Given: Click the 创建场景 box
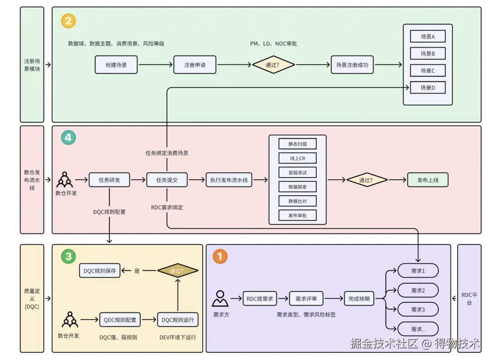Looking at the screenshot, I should pos(116,65).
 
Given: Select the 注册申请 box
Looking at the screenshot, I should pos(195,65).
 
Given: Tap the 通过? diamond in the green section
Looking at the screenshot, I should pos(272,65).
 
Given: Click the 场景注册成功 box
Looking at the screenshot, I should pos(352,65).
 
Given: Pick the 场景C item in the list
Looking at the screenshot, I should pos(427,70).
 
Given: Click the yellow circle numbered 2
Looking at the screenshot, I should pos(69,21).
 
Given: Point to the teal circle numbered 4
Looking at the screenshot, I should pos(69,137).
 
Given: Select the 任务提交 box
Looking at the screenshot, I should pos(167,180).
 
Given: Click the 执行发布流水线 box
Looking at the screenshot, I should pos(229,180).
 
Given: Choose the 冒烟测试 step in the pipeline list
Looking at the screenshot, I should pos(298,173).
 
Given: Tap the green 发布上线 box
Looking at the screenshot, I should pos(428,180).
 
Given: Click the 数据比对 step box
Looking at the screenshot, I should pos(298,201).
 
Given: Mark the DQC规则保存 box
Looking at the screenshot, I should pos(100,271).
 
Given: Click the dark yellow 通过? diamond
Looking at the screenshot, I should pos(178,271).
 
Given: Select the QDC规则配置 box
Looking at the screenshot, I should pos(120,320).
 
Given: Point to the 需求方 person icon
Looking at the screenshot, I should pos(220,299).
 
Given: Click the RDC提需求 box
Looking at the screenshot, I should pos(260,299).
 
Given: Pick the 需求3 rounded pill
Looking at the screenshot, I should pos(418,310).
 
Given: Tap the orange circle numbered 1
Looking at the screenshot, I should pos(220,256).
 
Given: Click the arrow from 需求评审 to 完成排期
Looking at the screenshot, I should pos(333,299).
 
